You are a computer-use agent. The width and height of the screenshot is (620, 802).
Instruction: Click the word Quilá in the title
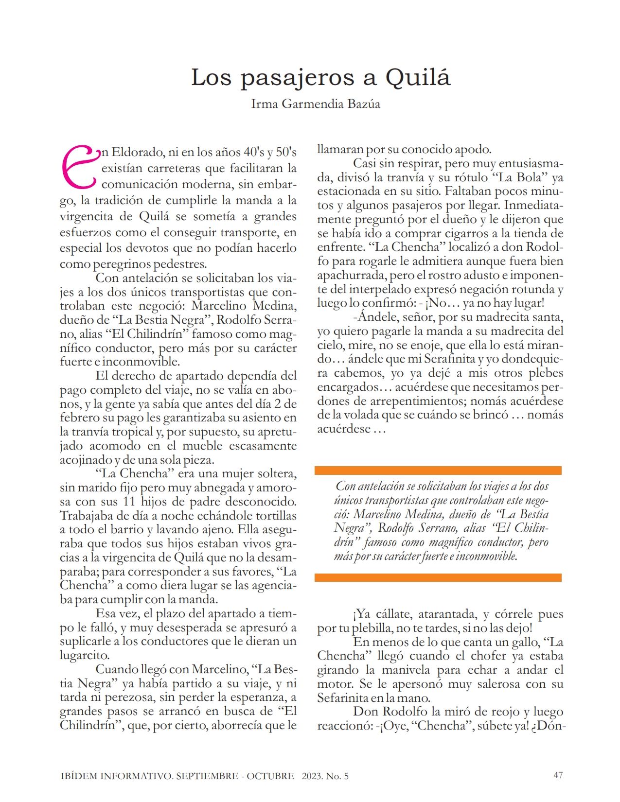418,77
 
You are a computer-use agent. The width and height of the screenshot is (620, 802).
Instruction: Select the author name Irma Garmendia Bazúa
316,104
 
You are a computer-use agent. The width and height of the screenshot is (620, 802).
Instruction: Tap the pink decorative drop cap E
79,167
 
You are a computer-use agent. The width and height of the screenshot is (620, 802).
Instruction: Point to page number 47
558,775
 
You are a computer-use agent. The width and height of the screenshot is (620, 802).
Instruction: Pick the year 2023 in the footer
312,776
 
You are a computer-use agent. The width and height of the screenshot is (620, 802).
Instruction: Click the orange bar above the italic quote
438,471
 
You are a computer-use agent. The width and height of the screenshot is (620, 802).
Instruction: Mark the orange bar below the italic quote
438,577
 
